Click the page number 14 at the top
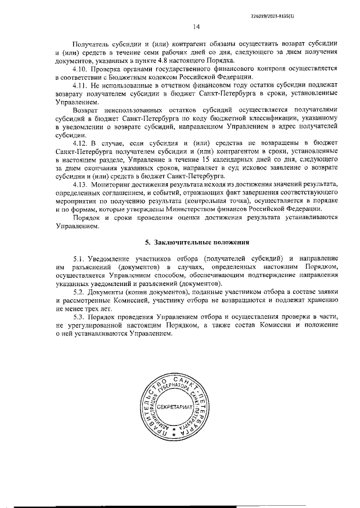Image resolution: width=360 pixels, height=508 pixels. pos(197,26)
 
